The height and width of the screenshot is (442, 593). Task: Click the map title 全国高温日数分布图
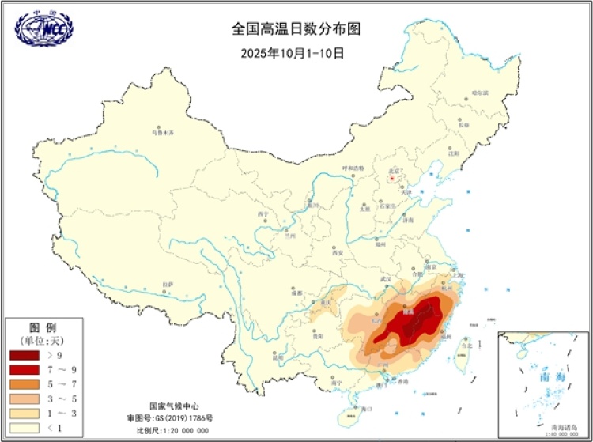coord(296,29)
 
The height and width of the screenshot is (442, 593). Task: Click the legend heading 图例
coord(40,327)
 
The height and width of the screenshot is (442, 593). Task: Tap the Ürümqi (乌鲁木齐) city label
coord(162,132)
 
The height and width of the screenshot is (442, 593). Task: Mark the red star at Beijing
coord(391,179)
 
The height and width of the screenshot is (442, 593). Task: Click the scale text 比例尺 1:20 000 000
coord(172,430)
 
